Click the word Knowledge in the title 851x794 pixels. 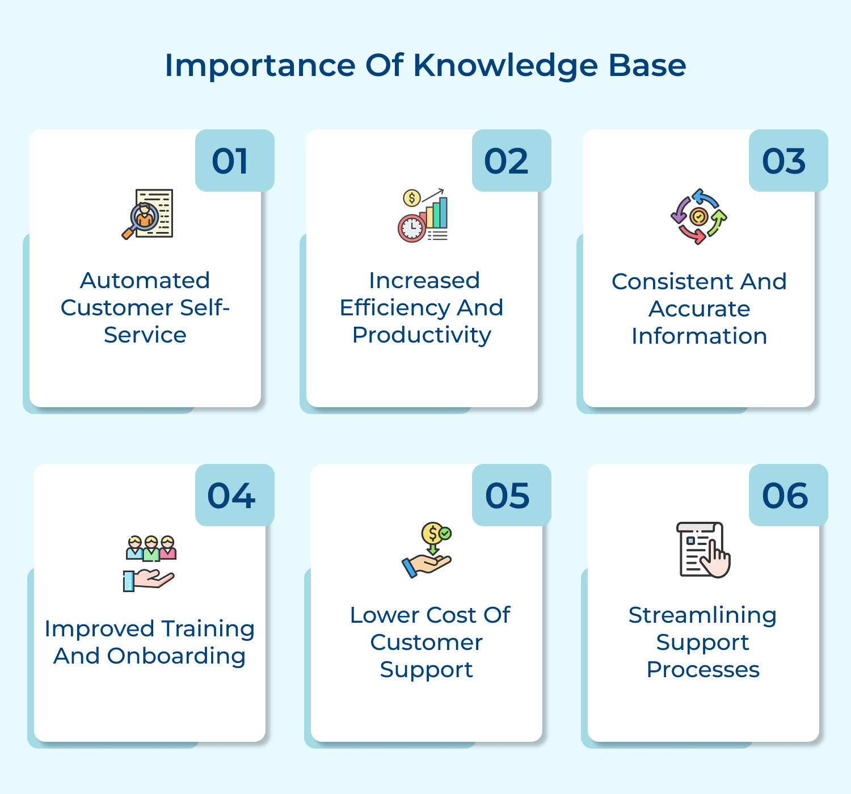[505, 66]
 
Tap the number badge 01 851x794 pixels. [230, 161]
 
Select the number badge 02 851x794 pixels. [507, 161]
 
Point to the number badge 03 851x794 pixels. [784, 161]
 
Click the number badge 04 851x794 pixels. [231, 496]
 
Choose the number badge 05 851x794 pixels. [508, 496]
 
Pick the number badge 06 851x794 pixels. [785, 496]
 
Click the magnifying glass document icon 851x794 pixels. [148, 214]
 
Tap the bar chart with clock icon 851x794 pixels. [423, 216]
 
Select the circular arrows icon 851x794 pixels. [699, 217]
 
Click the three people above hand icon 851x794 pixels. [150, 563]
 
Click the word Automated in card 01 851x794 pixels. [145, 280]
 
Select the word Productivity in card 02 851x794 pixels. [422, 335]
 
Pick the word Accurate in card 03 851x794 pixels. [699, 309]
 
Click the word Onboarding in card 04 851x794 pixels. [176, 656]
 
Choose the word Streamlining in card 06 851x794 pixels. [702, 615]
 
